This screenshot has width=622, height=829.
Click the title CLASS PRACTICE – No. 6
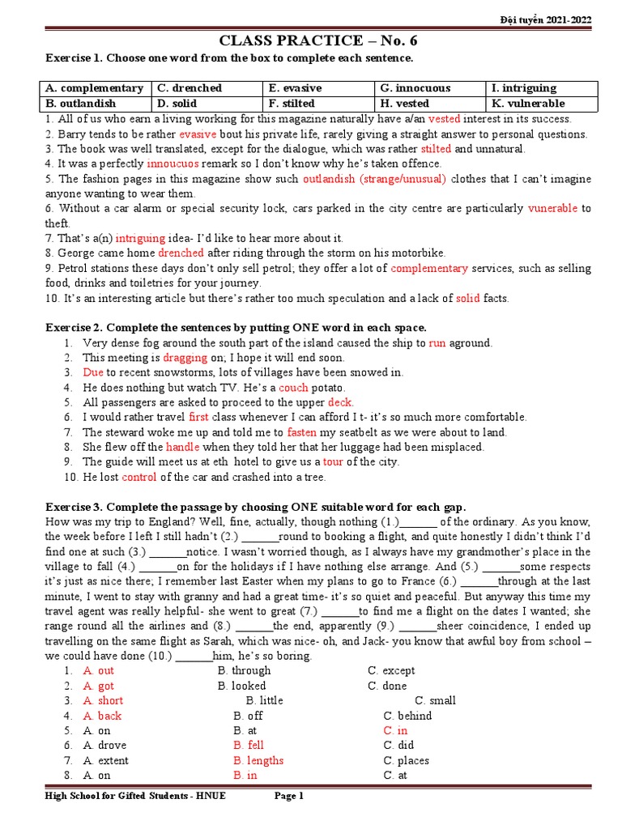coord(319,40)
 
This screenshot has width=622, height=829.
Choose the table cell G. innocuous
coord(415,88)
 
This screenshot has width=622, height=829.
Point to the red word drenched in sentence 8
coord(181,253)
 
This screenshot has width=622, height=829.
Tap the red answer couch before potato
coord(293,388)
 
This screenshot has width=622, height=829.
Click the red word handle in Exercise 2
coord(182,447)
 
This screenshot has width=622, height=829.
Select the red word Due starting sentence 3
coord(93,372)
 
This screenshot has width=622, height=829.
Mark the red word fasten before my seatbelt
coord(302,432)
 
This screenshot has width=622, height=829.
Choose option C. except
coord(391,670)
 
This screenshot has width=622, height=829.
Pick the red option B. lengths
coord(258,760)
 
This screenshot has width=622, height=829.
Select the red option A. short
coord(103,700)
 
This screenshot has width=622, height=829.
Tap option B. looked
coord(242,686)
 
